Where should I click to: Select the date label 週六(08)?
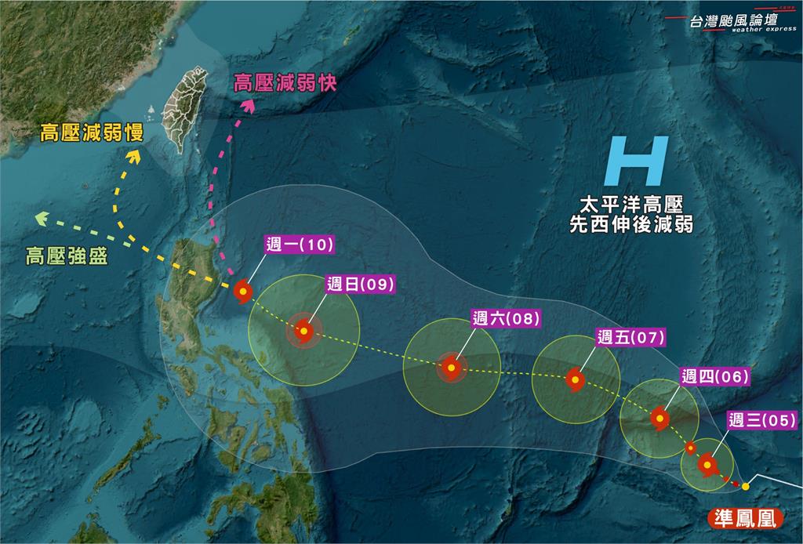coord(507,318)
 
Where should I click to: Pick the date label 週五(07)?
coord(630,338)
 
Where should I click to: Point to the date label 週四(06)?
coord(714,376)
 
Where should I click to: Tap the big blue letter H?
coord(638,161)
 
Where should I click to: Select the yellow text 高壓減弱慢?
coord(93,133)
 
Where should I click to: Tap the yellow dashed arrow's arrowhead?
coord(133,156)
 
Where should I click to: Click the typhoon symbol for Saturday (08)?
coord(451,367)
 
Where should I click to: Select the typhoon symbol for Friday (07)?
coord(575,380)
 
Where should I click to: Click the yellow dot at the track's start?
coord(746,487)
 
